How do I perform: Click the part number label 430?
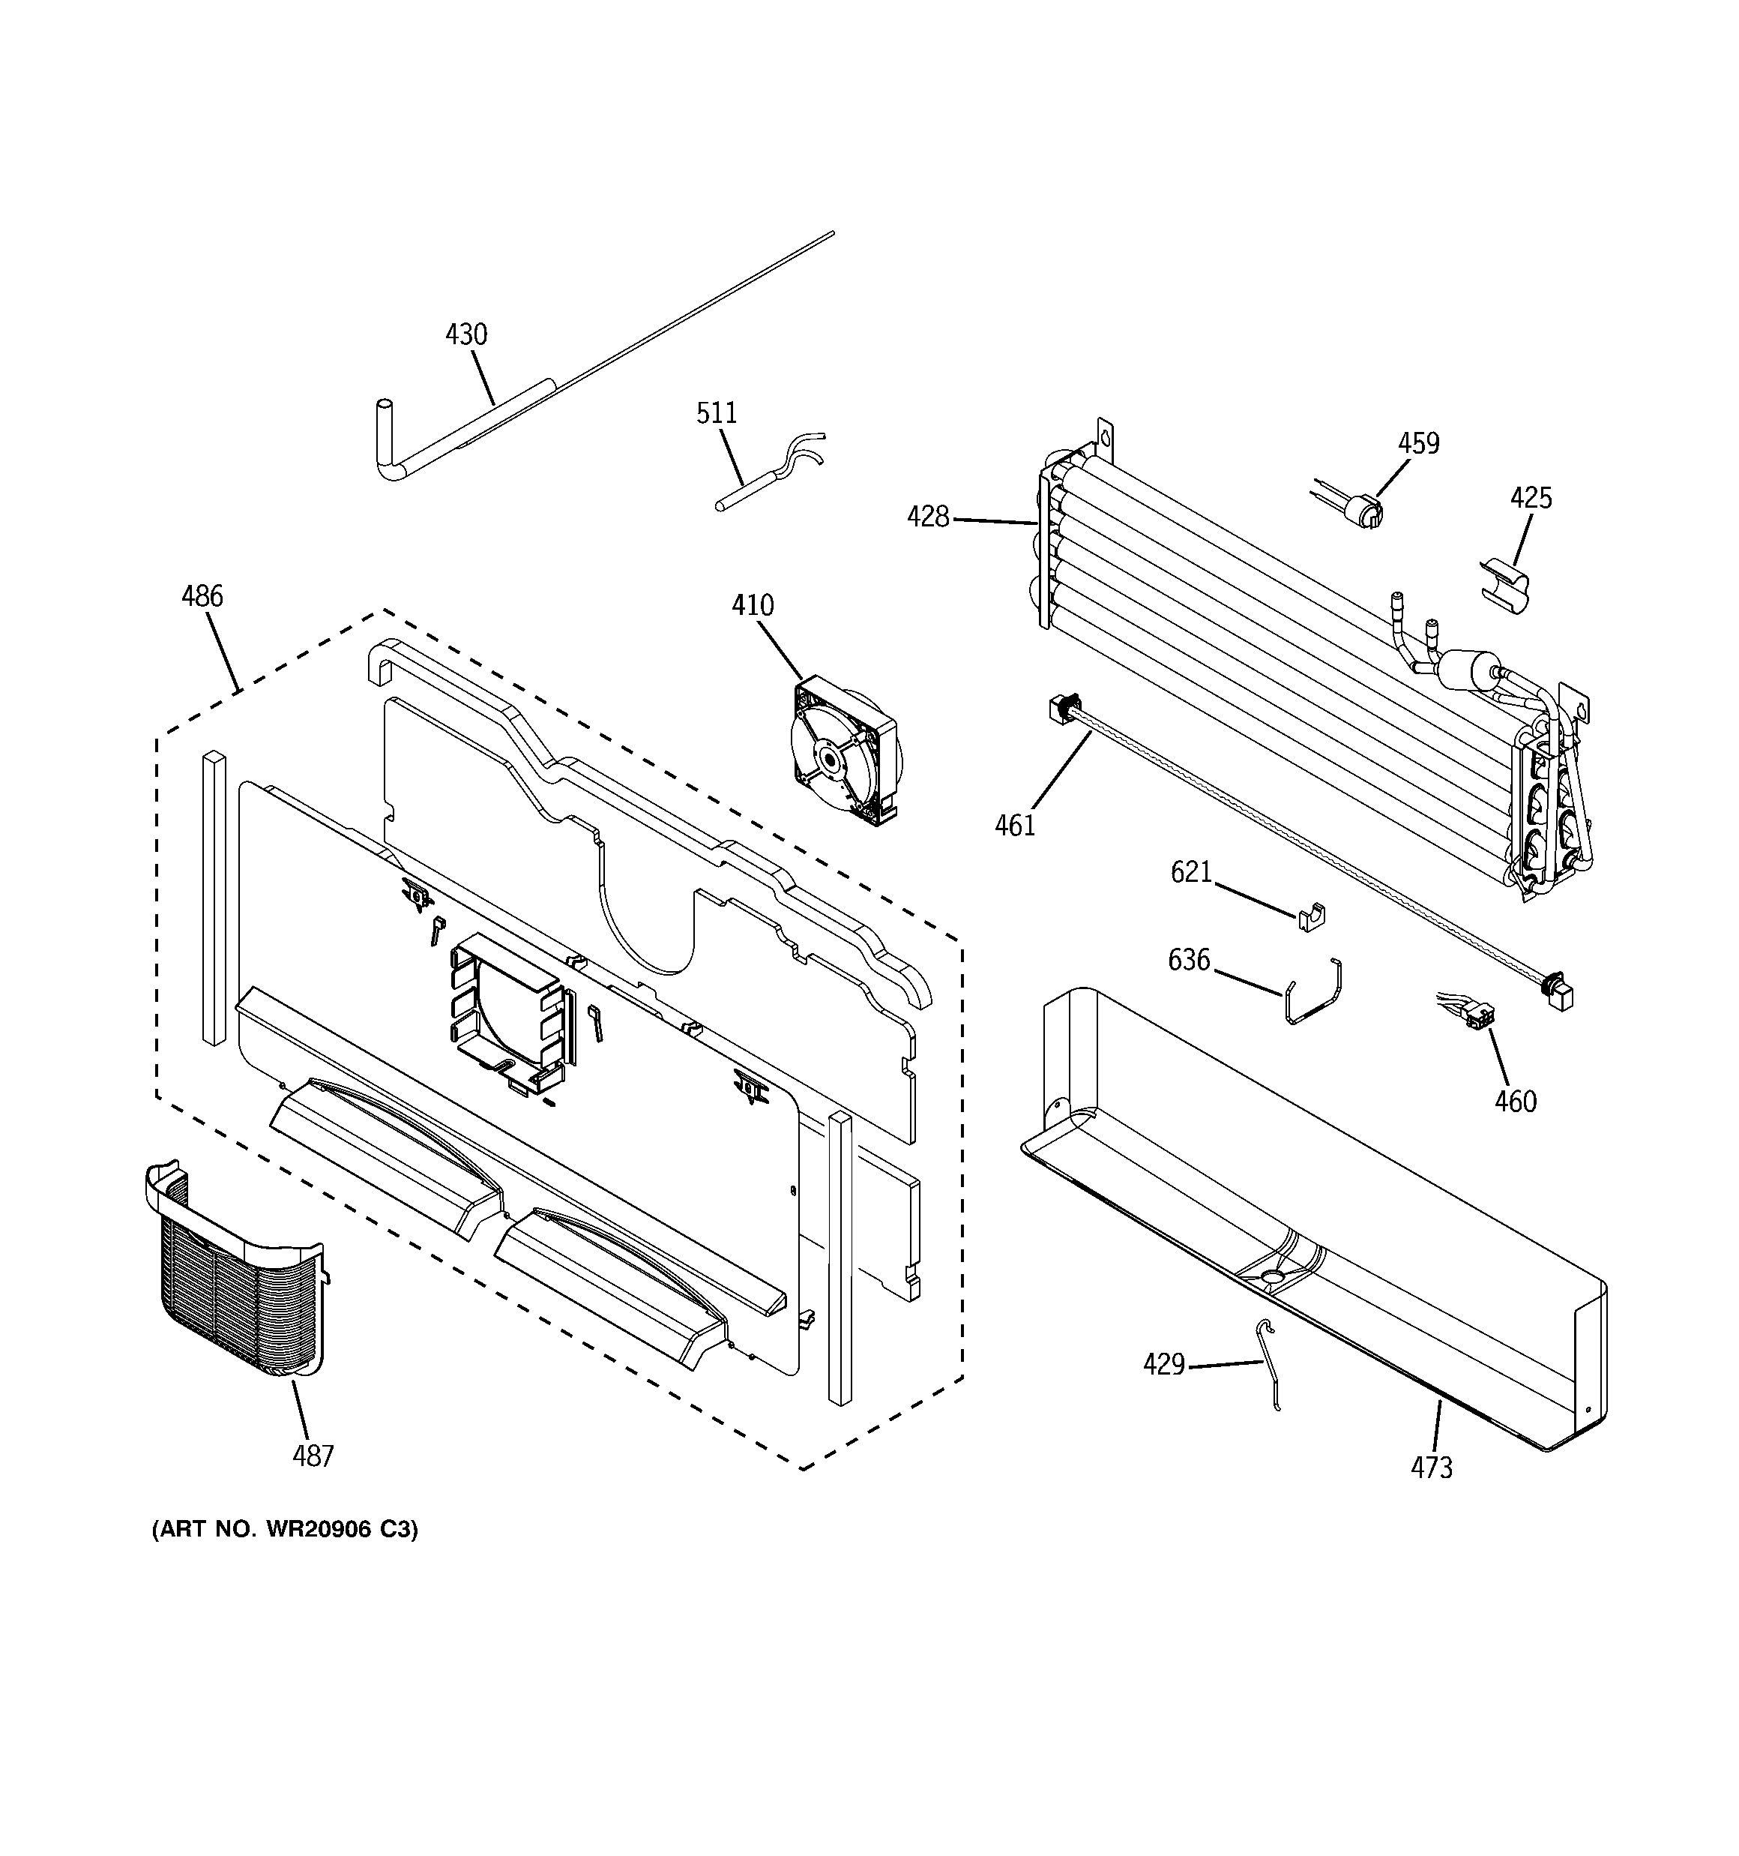(465, 334)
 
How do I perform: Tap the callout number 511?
(716, 412)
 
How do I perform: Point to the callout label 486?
(202, 595)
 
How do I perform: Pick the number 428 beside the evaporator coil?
(927, 516)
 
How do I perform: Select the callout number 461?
(1015, 826)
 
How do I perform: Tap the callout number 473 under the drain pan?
(1431, 1468)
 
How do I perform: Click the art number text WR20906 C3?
(285, 1529)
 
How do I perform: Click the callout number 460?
(1515, 1102)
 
